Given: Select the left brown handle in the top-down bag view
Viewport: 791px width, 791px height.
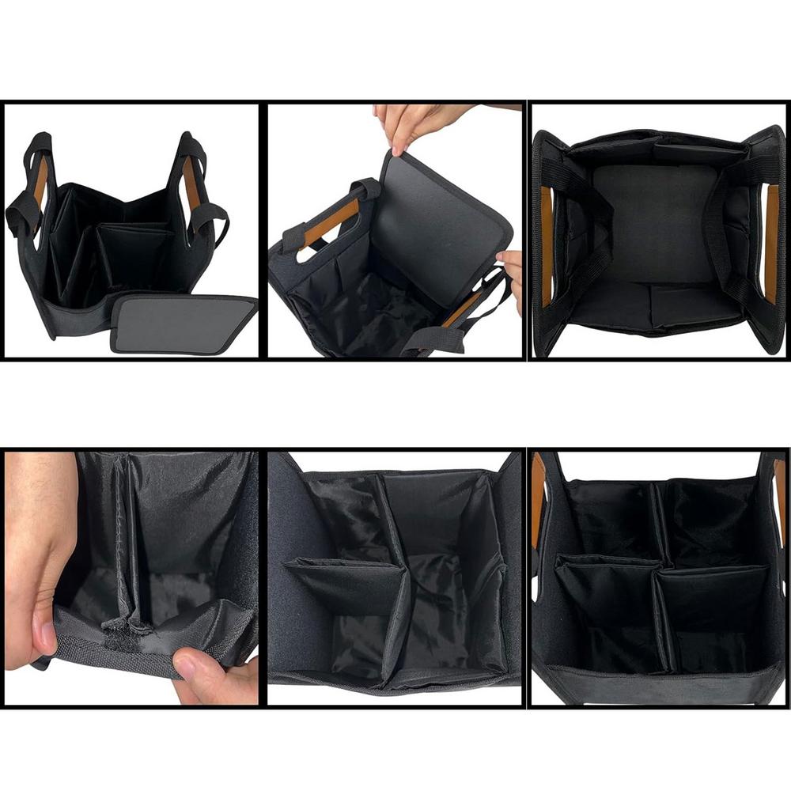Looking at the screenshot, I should point(546,245).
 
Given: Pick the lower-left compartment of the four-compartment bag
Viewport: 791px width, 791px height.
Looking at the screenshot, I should point(605,609).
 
